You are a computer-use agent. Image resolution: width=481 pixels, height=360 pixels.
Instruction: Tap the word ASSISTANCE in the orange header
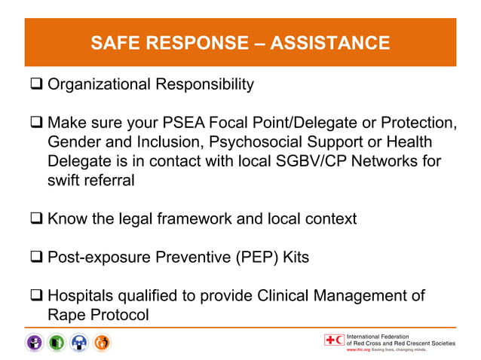(329, 43)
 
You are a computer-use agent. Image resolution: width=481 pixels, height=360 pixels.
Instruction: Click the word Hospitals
(81, 295)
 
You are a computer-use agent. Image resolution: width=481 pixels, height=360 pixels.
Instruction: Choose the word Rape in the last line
(66, 314)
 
